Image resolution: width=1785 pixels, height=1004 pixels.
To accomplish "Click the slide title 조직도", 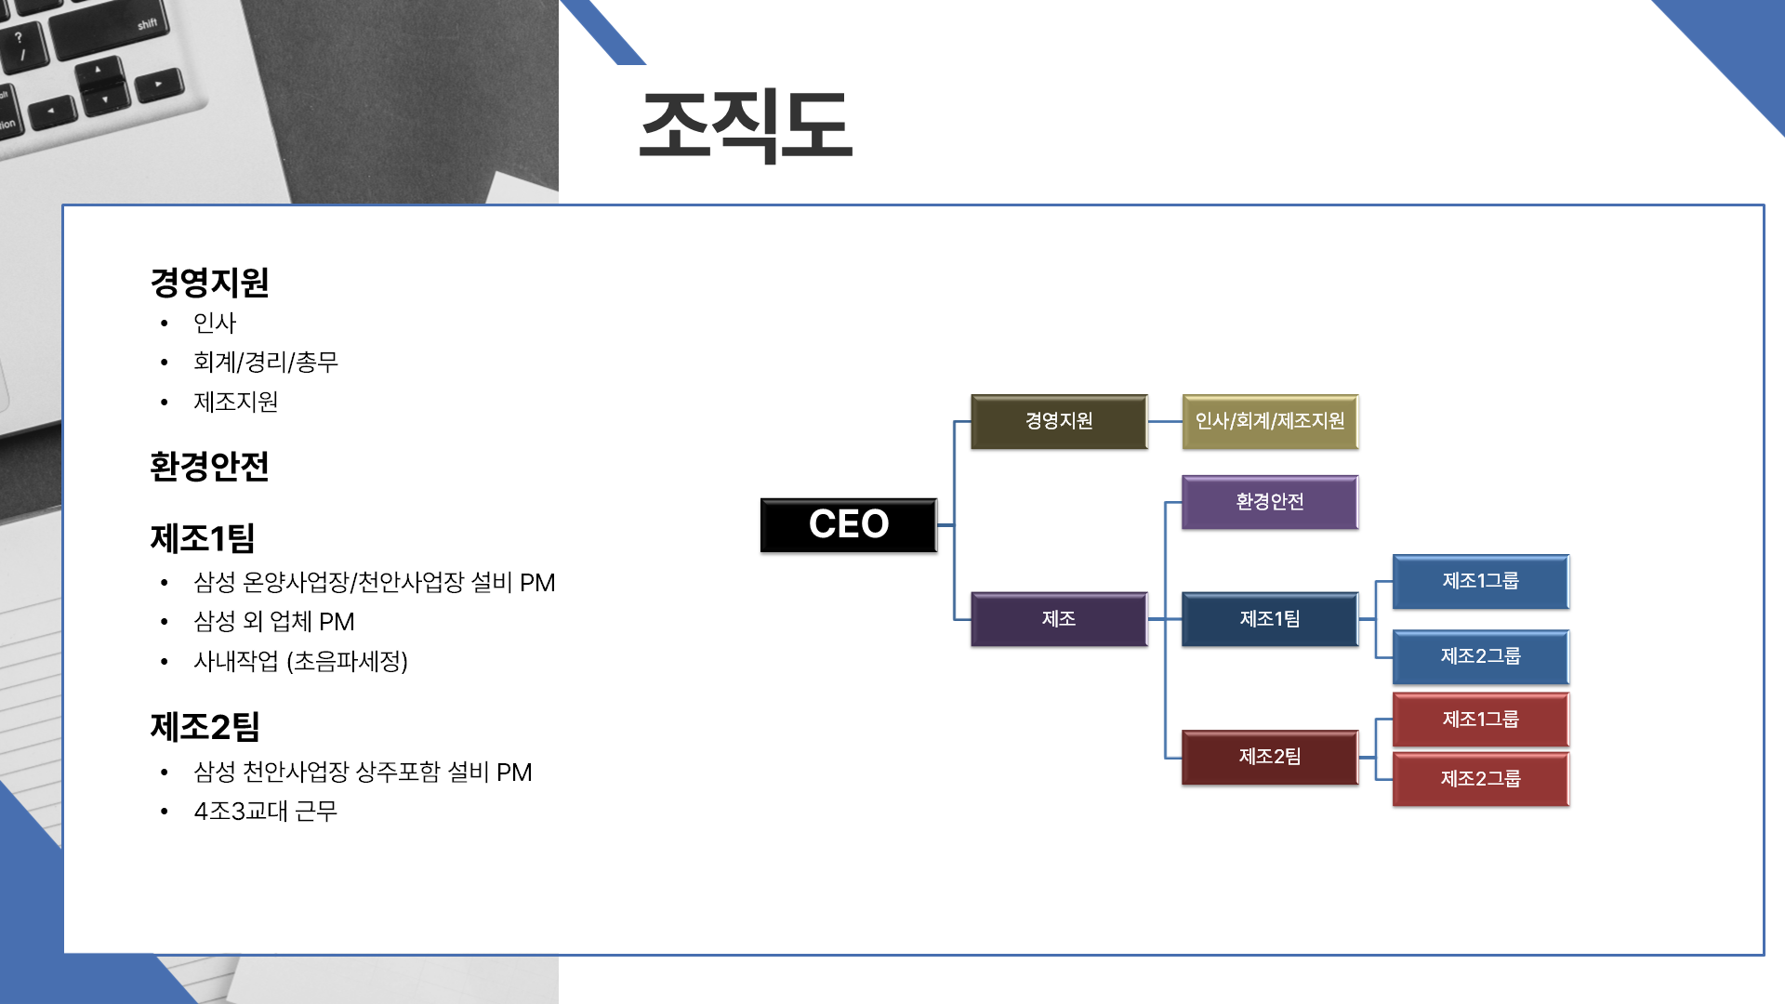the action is (746, 125).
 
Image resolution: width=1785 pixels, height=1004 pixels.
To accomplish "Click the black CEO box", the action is (848, 525).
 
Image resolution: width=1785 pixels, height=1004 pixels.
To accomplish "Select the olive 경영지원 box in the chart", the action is (1059, 421).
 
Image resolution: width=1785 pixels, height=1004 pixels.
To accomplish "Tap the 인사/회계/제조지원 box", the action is (1270, 421).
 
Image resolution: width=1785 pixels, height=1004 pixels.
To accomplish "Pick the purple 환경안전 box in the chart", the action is (1270, 502).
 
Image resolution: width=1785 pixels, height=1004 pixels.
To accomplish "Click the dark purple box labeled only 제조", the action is (1059, 619).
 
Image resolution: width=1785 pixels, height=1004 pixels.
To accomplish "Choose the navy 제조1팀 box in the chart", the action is (1270, 619).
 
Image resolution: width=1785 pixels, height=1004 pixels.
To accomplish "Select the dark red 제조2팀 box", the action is (1270, 757).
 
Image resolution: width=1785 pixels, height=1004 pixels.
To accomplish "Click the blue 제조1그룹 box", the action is (1481, 581).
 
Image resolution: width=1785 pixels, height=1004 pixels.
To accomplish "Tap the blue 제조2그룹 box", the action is (1481, 656).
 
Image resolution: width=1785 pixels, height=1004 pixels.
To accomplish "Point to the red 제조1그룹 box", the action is (1481, 720).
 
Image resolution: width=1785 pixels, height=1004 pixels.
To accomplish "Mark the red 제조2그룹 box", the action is (1481, 779).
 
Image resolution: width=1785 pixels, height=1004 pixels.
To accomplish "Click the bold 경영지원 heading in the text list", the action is (210, 283).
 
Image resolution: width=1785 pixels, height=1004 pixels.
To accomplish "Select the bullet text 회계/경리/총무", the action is (266, 362).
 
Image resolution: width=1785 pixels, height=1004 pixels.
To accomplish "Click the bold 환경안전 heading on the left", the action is (210, 467).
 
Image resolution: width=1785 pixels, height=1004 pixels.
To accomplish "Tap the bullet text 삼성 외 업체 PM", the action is (274, 621).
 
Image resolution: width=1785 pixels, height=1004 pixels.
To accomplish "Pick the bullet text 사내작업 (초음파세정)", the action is (300, 661).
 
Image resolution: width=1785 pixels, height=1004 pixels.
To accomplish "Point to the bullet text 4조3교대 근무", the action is (266, 811).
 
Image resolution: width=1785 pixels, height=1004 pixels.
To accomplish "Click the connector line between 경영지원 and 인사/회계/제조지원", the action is (1165, 421).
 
